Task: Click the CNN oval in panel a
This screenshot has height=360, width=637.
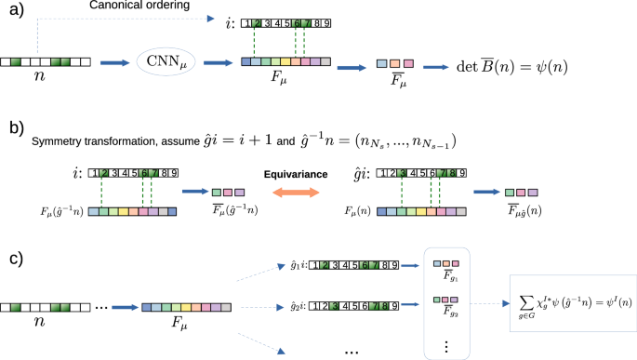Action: pos(166,63)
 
